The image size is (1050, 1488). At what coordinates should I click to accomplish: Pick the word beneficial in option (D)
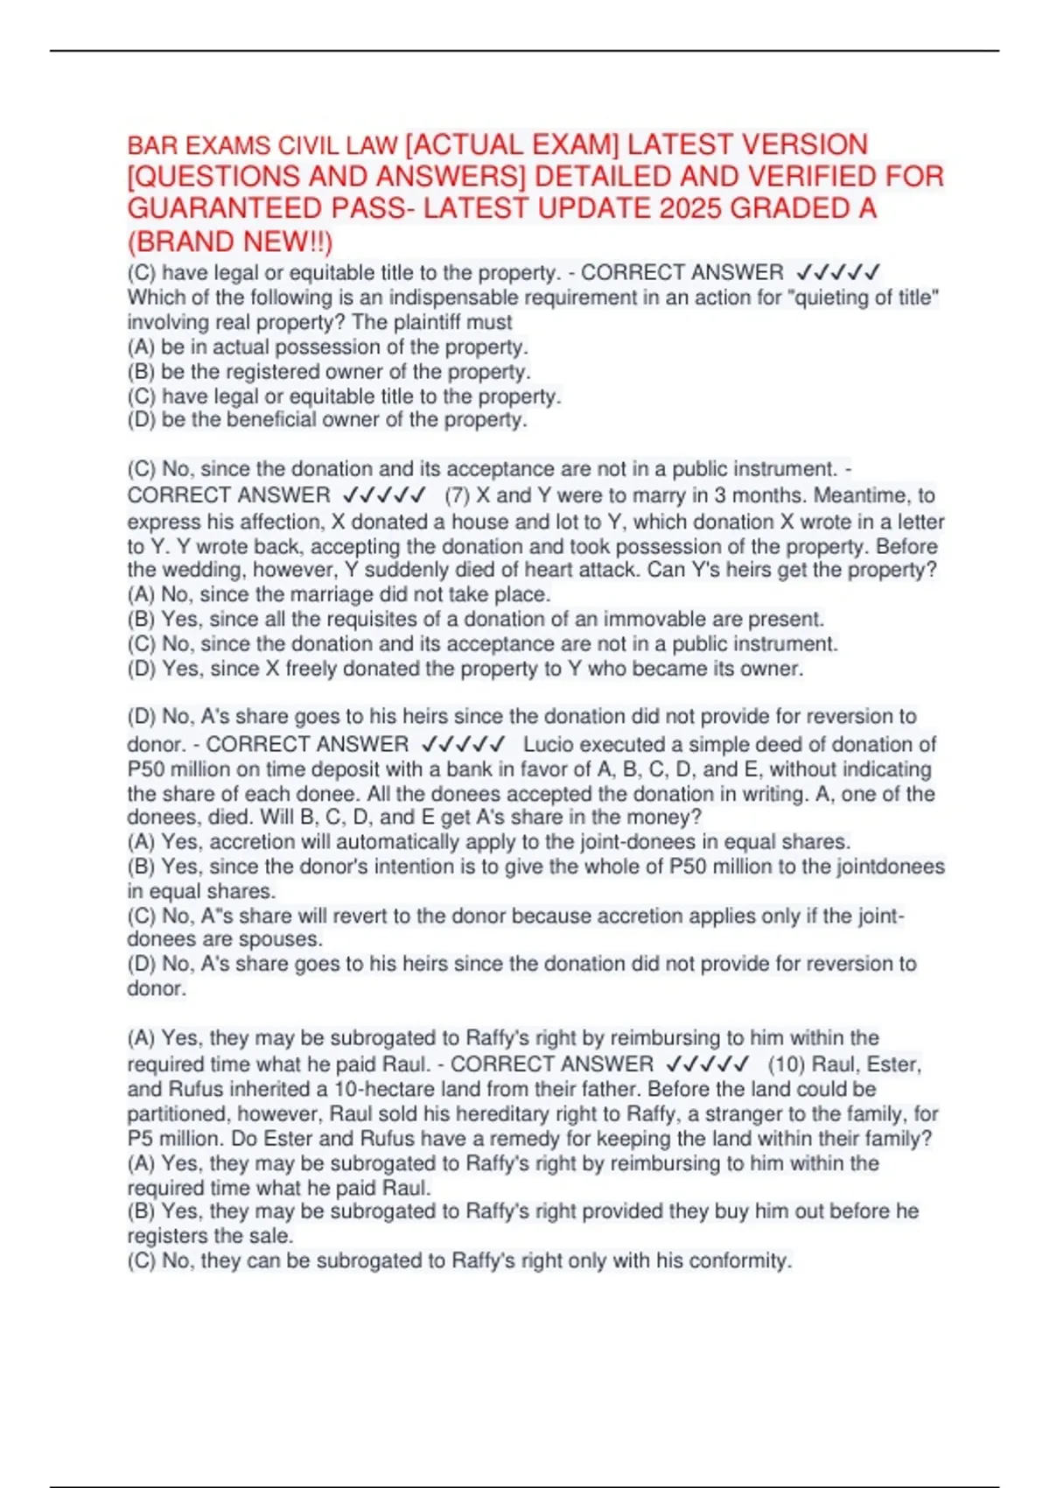click(x=271, y=420)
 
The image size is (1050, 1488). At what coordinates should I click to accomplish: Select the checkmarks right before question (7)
click(x=385, y=495)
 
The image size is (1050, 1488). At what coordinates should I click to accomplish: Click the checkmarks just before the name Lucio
click(x=463, y=745)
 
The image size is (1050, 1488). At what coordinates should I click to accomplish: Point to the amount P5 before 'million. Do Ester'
click(x=140, y=1139)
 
